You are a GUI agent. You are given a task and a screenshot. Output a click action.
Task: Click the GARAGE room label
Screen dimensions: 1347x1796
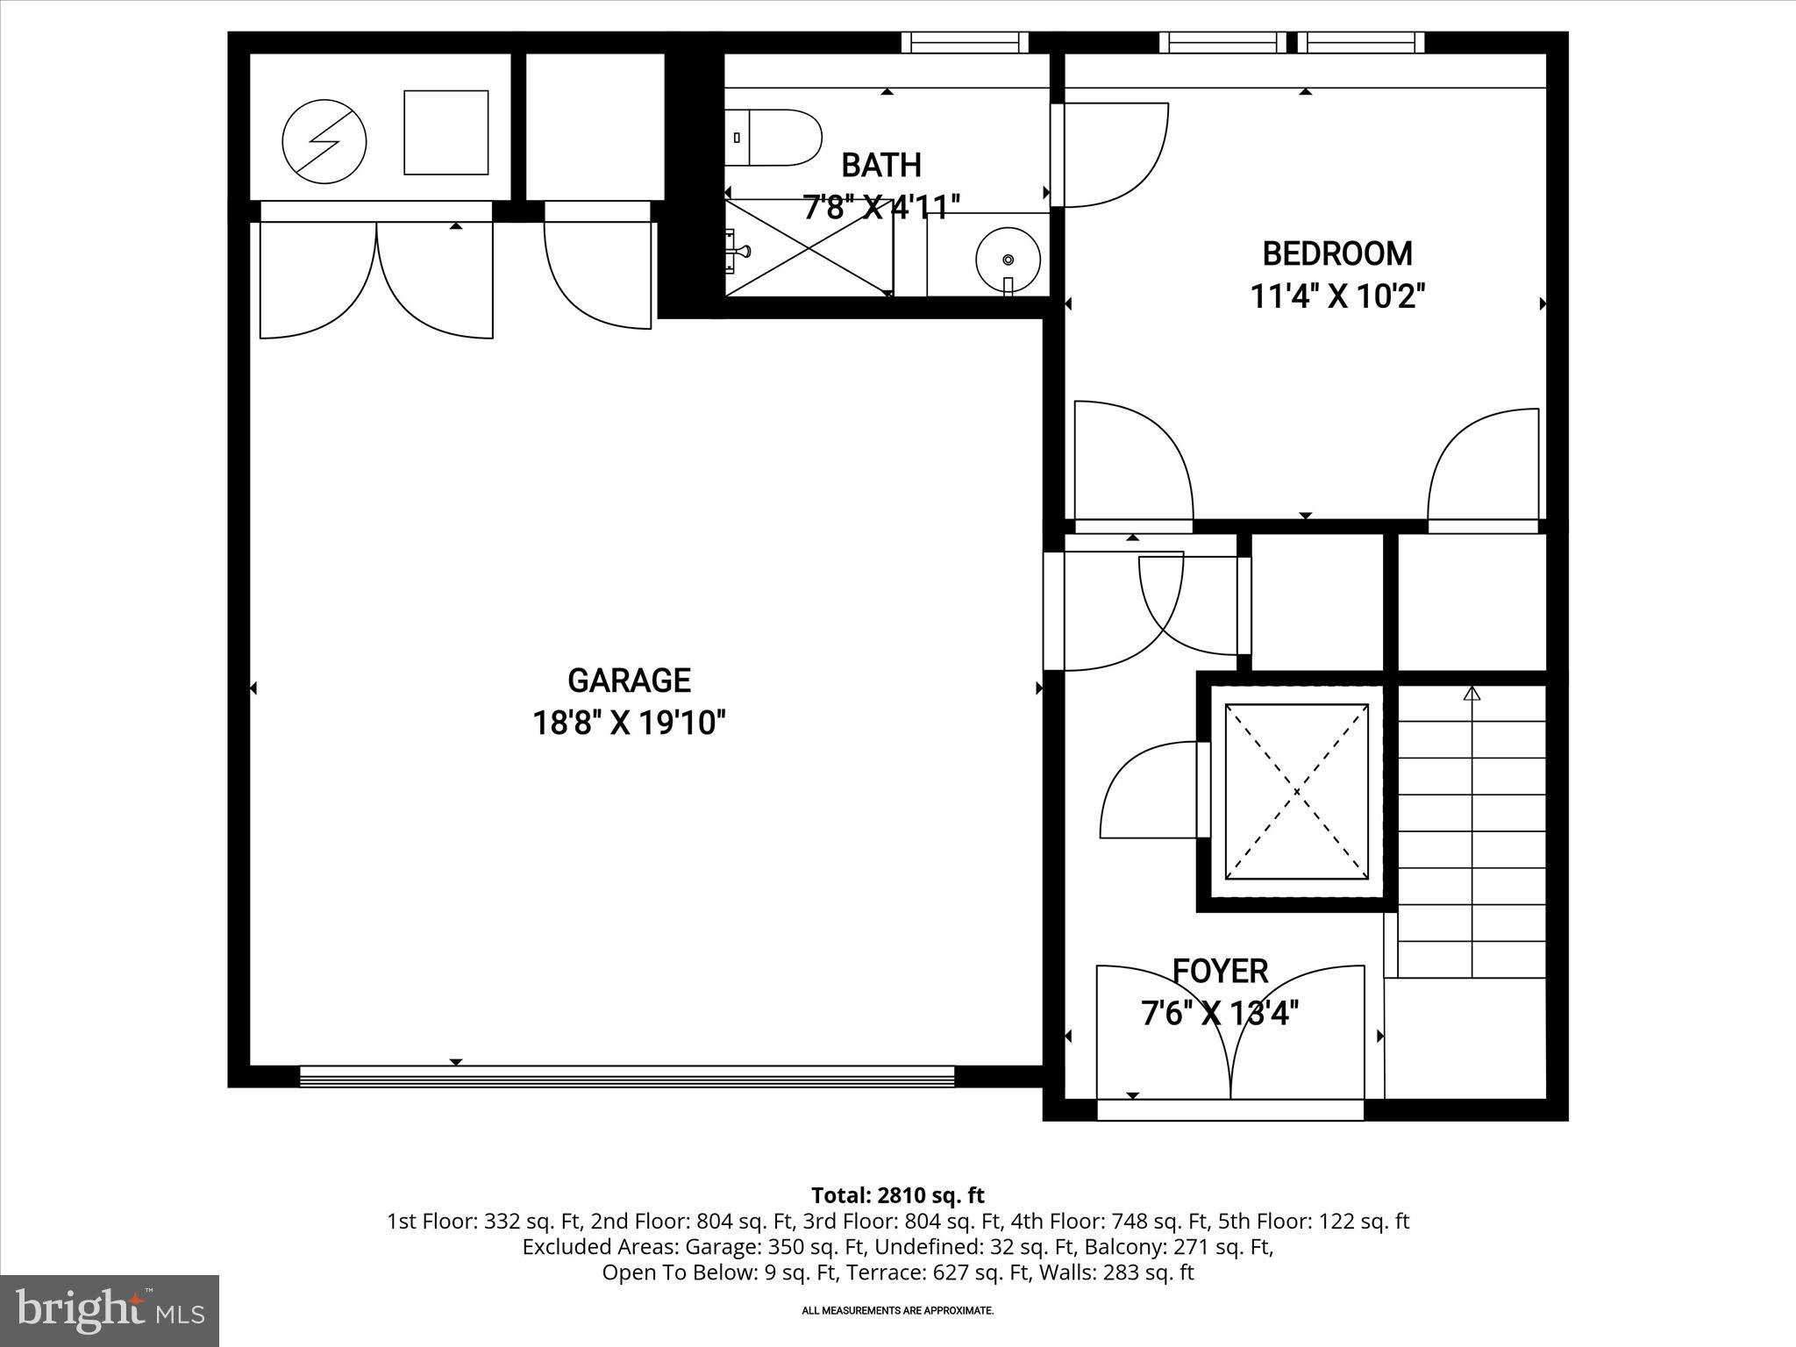[x=629, y=681]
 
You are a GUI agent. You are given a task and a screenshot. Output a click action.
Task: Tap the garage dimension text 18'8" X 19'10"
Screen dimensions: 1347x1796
[x=629, y=724]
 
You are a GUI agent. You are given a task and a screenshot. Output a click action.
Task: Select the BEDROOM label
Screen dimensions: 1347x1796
[x=1336, y=254]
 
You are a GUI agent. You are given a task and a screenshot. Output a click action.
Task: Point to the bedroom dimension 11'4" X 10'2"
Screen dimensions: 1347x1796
[x=1336, y=297]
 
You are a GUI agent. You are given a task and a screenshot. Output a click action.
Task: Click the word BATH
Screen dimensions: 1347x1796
[x=880, y=165]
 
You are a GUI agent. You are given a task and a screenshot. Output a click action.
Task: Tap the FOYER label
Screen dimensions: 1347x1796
[x=1220, y=972]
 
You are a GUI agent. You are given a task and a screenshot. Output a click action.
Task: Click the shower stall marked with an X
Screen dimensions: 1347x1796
[x=808, y=247]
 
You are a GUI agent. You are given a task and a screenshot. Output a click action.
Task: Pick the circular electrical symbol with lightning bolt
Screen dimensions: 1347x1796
[x=324, y=141]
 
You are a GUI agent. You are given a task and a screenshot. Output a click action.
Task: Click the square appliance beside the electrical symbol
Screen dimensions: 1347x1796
[x=445, y=132]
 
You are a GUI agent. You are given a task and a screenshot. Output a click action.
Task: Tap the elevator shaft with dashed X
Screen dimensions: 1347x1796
[x=1296, y=792]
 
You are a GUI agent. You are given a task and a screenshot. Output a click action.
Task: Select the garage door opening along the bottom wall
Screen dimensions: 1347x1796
[x=626, y=1077]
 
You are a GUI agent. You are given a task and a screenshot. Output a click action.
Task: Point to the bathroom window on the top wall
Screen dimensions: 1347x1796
[x=965, y=41]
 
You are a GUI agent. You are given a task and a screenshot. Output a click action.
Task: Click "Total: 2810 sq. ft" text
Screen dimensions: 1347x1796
[x=897, y=1195]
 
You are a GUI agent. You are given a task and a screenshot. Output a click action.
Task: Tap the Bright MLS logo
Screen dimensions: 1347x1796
[x=110, y=1310]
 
